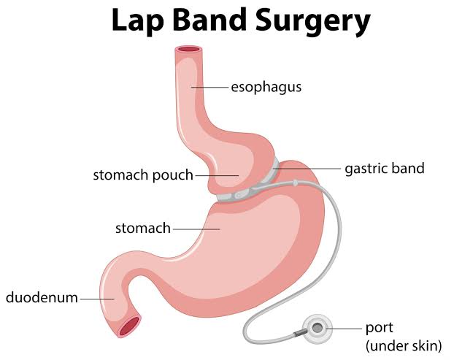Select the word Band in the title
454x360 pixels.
(209, 20)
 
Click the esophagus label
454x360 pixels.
(266, 87)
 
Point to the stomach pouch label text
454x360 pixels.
(143, 175)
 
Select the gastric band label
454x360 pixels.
(385, 169)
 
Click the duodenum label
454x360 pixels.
(42, 297)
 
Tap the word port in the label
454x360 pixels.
(379, 328)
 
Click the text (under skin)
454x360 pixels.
(404, 346)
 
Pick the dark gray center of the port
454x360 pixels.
(318, 328)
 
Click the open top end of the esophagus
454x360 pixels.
(188, 50)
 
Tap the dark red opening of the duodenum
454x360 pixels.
(129, 326)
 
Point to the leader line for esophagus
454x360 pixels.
(209, 87)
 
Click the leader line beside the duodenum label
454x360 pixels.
(97, 299)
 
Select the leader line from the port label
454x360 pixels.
(344, 329)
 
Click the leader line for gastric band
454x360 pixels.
(307, 168)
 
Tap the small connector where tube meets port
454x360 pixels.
(298, 334)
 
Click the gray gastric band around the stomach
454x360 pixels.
(250, 188)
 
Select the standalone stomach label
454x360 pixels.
(143, 229)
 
